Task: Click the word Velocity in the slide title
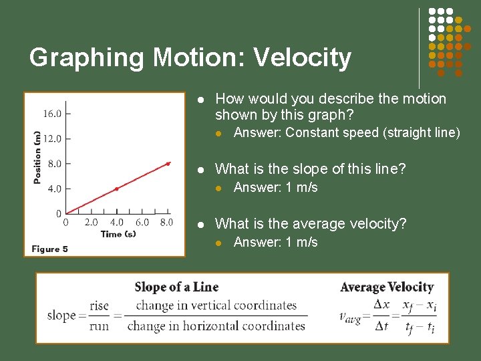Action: [x=305, y=58]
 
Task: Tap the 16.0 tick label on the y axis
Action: [x=53, y=114]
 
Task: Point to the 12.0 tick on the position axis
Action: [x=53, y=138]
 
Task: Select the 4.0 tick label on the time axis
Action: [x=116, y=223]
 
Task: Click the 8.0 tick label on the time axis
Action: [x=166, y=223]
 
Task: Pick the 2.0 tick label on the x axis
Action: [x=91, y=223]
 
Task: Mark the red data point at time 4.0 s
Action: [x=116, y=189]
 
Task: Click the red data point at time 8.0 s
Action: [x=168, y=163]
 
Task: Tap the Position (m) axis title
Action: [x=37, y=157]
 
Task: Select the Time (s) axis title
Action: [x=118, y=234]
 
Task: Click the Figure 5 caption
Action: [x=50, y=249]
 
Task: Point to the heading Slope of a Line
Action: [x=176, y=287]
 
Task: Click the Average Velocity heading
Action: [x=387, y=287]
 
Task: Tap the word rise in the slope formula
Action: [x=99, y=306]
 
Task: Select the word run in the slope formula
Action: [x=99, y=326]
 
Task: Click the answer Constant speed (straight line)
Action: [x=347, y=132]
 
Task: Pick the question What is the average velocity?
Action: [x=311, y=224]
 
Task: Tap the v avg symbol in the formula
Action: [x=349, y=316]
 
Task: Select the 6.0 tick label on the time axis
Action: [x=142, y=223]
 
